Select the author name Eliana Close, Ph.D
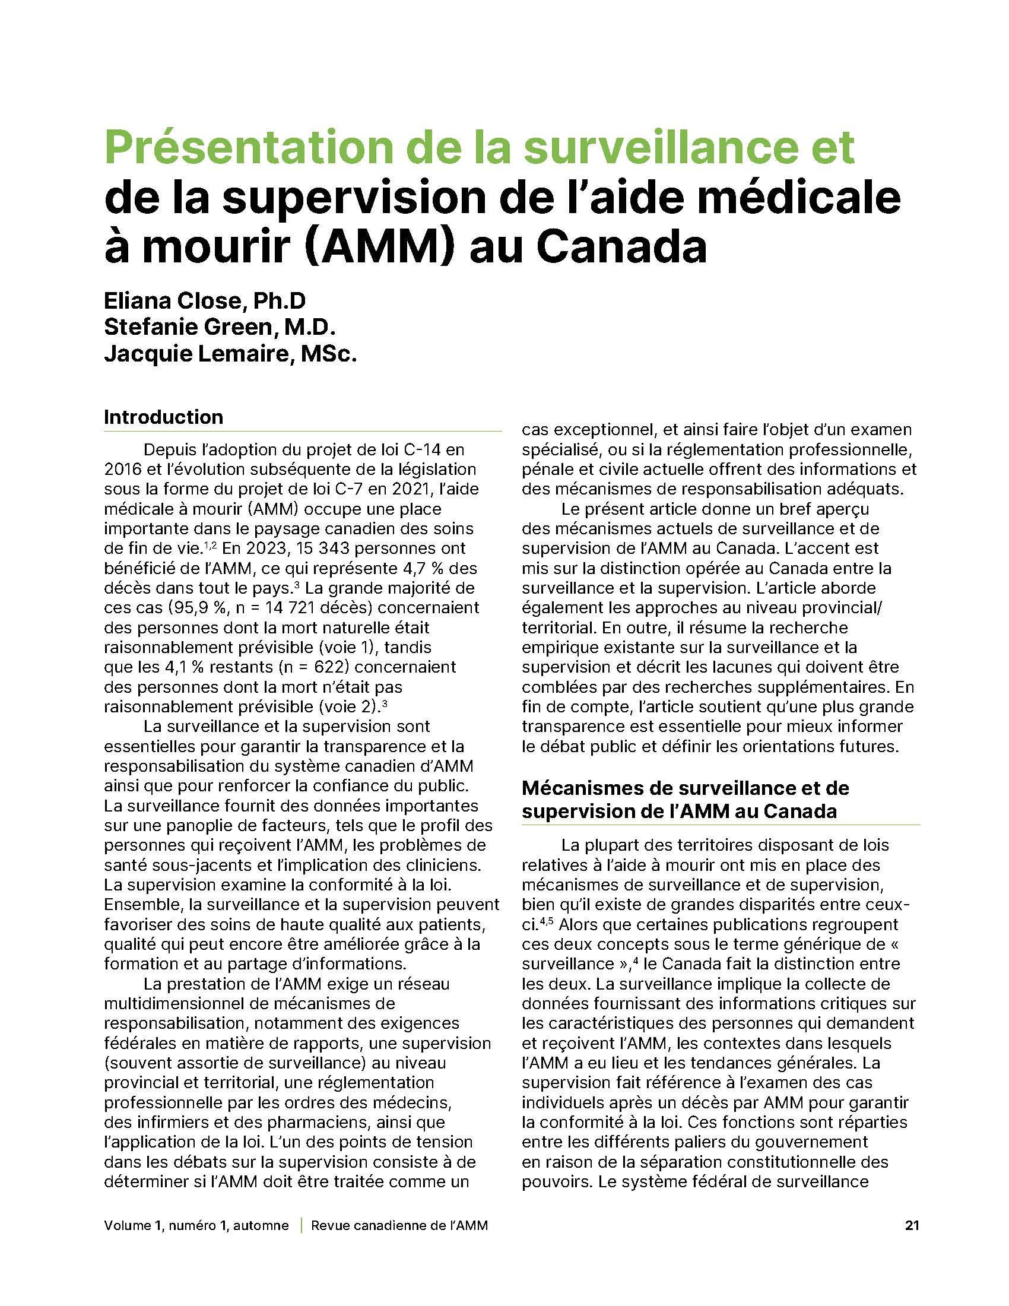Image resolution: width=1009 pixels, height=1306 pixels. pos(204,300)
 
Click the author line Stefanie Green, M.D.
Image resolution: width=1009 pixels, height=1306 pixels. pos(219,327)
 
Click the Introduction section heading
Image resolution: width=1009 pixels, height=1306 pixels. pos(163,417)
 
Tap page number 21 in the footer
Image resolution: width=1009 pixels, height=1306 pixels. pos(912,1225)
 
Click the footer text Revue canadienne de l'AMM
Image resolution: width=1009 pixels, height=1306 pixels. pos(399,1225)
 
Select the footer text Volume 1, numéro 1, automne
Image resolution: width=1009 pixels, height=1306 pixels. pos(196,1225)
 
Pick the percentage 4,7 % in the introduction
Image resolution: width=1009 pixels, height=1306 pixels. pos(407,568)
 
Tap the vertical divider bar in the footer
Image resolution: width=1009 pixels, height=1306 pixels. pos(300,1225)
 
